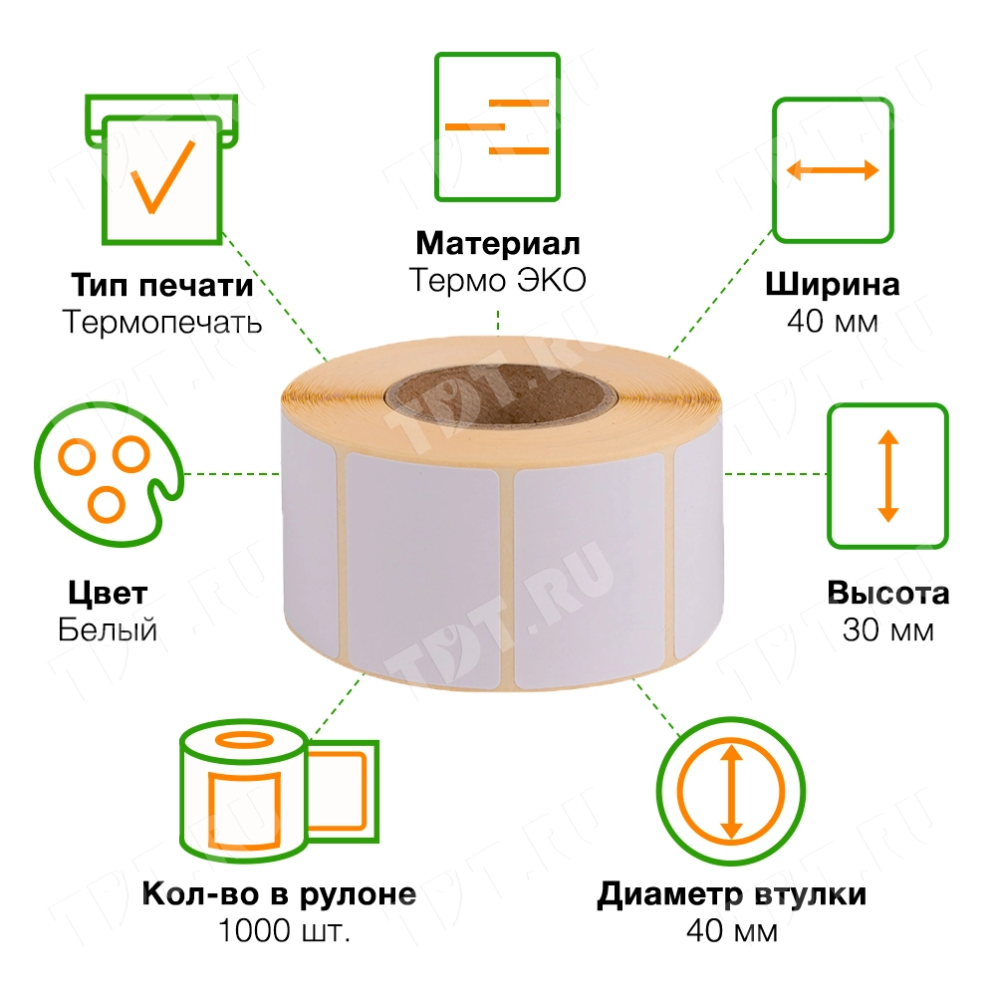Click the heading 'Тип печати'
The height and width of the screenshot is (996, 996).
point(161,286)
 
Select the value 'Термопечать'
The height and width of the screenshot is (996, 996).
point(161,323)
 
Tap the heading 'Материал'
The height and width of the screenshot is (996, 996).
point(497,243)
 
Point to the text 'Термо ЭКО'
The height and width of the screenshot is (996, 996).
point(497,280)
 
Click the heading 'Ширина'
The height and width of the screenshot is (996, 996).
point(833,285)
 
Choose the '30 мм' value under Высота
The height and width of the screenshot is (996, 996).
point(887,630)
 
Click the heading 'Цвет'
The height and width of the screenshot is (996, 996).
point(108,594)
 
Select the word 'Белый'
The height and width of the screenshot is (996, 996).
point(108,630)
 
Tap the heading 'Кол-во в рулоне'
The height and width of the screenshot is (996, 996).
point(279,894)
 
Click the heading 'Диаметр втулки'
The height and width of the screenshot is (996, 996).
point(731,894)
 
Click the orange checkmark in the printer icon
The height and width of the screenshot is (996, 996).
point(162,177)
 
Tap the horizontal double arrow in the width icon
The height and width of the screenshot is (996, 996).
point(833,170)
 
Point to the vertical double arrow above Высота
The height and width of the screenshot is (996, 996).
point(887,475)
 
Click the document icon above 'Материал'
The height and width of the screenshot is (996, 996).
point(497,125)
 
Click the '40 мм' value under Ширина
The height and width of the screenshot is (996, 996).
point(833,323)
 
